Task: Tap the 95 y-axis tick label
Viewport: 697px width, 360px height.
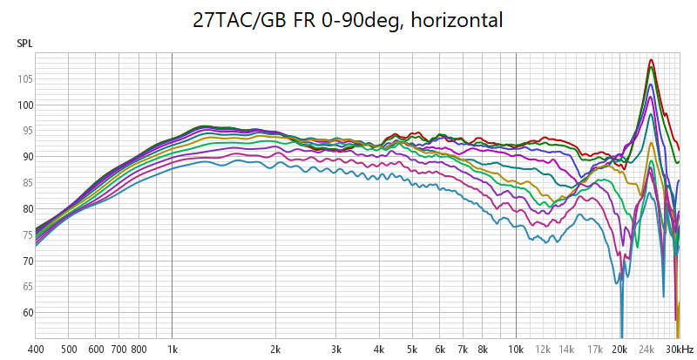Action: point(25,131)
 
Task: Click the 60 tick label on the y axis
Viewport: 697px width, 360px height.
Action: point(25,312)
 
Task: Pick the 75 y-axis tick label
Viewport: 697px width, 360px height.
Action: point(25,234)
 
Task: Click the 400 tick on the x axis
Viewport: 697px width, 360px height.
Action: point(36,349)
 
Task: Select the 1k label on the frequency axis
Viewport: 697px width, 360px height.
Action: point(172,349)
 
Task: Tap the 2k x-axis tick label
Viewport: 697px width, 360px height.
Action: point(275,349)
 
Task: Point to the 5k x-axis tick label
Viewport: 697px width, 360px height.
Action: point(412,349)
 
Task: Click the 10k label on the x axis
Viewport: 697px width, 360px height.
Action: point(516,349)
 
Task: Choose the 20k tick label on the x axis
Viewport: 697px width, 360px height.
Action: point(619,349)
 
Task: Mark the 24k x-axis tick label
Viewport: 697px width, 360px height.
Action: point(647,349)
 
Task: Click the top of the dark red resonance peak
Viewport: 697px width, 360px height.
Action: point(651,60)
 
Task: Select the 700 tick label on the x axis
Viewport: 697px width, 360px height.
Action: point(118,349)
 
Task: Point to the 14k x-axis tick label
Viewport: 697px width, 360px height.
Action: point(566,349)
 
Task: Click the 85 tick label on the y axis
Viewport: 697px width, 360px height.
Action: point(25,183)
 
